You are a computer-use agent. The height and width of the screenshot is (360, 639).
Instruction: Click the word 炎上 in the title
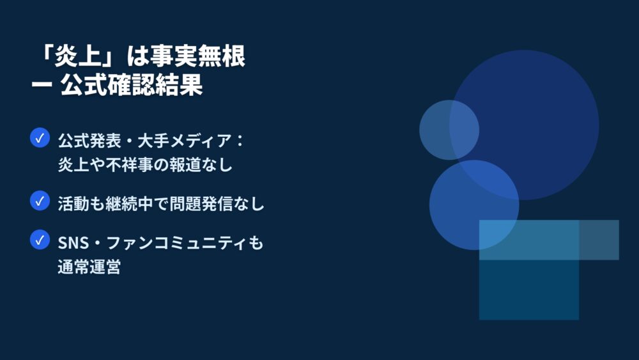[x=78, y=56]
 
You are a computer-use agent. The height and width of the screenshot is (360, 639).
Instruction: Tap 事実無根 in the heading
[x=197, y=56]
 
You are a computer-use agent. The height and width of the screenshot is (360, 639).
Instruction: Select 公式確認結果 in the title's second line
[x=131, y=85]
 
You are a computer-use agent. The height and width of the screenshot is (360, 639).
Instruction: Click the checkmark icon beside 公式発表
[x=40, y=138]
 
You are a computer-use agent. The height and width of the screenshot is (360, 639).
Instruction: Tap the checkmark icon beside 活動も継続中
[x=40, y=201]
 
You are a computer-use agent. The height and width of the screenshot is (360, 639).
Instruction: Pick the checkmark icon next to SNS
[x=40, y=240]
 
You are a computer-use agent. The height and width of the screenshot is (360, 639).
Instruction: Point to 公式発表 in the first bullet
[x=89, y=141]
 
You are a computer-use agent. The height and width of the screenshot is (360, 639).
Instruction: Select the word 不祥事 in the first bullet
[x=130, y=165]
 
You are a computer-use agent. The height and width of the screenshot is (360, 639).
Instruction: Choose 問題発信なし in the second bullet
[x=217, y=204]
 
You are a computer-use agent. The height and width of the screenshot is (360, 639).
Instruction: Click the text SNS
[x=73, y=243]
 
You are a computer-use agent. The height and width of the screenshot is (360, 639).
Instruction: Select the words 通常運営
[x=89, y=267]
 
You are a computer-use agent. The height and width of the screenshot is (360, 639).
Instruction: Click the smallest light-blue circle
[x=449, y=130]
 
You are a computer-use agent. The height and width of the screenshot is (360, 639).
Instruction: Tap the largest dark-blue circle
[x=524, y=125]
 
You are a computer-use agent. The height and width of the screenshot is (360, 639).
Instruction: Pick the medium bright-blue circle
[x=474, y=205]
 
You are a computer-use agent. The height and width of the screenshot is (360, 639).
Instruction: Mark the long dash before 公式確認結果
[x=42, y=85]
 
